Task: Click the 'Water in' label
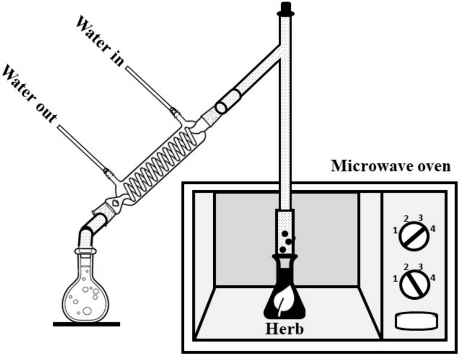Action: point(100,41)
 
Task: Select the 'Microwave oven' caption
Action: point(391,166)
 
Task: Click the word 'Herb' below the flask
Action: point(284,328)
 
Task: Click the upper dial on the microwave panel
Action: point(414,236)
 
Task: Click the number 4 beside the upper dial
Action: point(432,229)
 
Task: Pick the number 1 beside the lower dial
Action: point(395,279)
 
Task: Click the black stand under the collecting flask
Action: point(86,324)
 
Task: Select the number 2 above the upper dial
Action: point(406,219)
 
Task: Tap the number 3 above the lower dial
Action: point(420,267)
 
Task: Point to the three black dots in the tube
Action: point(286,242)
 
